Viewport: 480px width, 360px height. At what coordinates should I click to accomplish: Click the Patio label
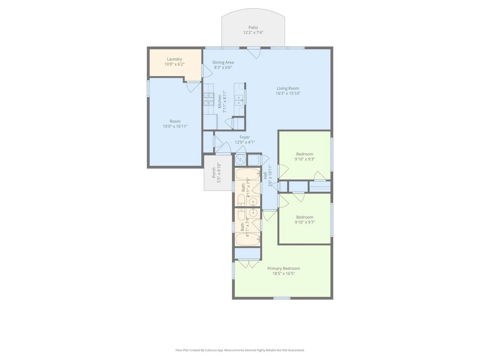[253, 28]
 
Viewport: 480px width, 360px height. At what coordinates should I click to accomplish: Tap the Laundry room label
[175, 59]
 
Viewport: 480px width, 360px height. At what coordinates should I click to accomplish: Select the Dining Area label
[223, 62]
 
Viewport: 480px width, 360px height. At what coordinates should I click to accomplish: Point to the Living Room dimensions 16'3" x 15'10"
[288, 94]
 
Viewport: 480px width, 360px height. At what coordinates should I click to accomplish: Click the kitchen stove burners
[209, 99]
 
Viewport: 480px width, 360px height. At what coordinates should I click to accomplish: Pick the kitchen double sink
[239, 100]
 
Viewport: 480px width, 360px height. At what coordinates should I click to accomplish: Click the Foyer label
[245, 137]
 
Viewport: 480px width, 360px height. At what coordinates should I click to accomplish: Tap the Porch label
[214, 173]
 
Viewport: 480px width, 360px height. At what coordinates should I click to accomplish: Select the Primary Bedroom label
[283, 269]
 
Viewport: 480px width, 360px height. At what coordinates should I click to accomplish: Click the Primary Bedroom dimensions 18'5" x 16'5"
[283, 274]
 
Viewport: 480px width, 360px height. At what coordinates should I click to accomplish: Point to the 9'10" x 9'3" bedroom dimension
[305, 159]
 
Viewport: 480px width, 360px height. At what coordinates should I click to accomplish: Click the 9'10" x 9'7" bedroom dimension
[305, 222]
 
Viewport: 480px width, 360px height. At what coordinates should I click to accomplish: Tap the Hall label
[265, 175]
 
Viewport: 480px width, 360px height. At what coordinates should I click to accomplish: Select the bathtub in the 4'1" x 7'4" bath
[248, 239]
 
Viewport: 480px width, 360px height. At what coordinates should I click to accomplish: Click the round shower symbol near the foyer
[240, 159]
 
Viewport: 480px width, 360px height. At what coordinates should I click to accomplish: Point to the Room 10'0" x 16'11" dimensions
[175, 126]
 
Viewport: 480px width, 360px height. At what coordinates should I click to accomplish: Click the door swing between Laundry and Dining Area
[208, 71]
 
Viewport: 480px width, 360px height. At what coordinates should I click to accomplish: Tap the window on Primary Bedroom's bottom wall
[282, 298]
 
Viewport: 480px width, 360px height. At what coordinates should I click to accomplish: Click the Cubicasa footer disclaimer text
[240, 350]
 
